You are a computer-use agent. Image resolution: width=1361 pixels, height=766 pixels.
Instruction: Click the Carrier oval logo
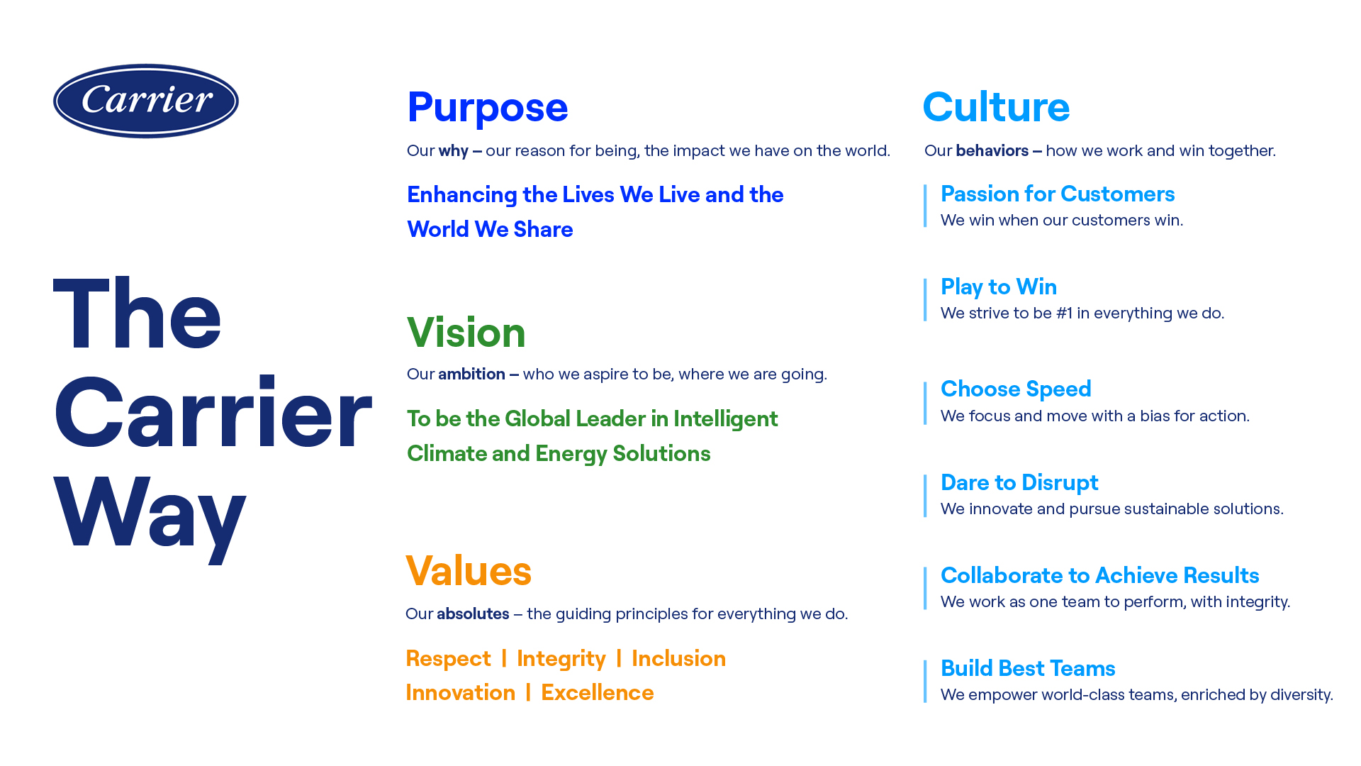click(146, 101)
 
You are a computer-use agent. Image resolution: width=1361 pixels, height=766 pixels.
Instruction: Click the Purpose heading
click(488, 108)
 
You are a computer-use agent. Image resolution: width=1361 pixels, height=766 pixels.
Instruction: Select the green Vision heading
click(466, 332)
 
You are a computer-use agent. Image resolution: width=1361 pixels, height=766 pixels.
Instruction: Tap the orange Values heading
click(469, 570)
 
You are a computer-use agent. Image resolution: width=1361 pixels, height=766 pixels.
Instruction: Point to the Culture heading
click(996, 107)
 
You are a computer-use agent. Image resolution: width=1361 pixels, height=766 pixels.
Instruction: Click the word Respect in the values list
click(448, 658)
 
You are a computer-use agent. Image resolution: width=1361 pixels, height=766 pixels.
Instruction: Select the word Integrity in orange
click(561, 659)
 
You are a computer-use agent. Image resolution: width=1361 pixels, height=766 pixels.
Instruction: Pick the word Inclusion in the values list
click(678, 658)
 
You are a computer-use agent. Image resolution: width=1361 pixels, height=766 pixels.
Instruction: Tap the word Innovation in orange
click(461, 692)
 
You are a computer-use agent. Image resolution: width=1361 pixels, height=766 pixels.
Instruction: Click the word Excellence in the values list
click(598, 692)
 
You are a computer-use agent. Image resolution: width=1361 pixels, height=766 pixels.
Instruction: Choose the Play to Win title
click(999, 287)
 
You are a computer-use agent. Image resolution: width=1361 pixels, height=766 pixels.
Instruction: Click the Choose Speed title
click(1016, 389)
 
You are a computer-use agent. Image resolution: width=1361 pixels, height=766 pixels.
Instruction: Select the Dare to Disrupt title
click(1019, 482)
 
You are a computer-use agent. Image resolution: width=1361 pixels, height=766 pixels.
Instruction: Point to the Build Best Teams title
click(1028, 668)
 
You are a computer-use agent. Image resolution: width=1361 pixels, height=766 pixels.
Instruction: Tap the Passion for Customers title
click(1058, 194)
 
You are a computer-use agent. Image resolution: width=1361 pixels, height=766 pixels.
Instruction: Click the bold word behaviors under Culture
click(992, 150)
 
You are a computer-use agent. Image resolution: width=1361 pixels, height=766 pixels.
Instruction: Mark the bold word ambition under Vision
click(471, 374)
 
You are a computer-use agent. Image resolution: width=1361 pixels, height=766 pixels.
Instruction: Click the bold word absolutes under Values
click(473, 614)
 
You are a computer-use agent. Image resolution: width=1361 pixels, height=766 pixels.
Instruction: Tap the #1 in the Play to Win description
click(1065, 313)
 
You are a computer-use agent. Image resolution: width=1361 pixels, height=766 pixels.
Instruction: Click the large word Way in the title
click(150, 515)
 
